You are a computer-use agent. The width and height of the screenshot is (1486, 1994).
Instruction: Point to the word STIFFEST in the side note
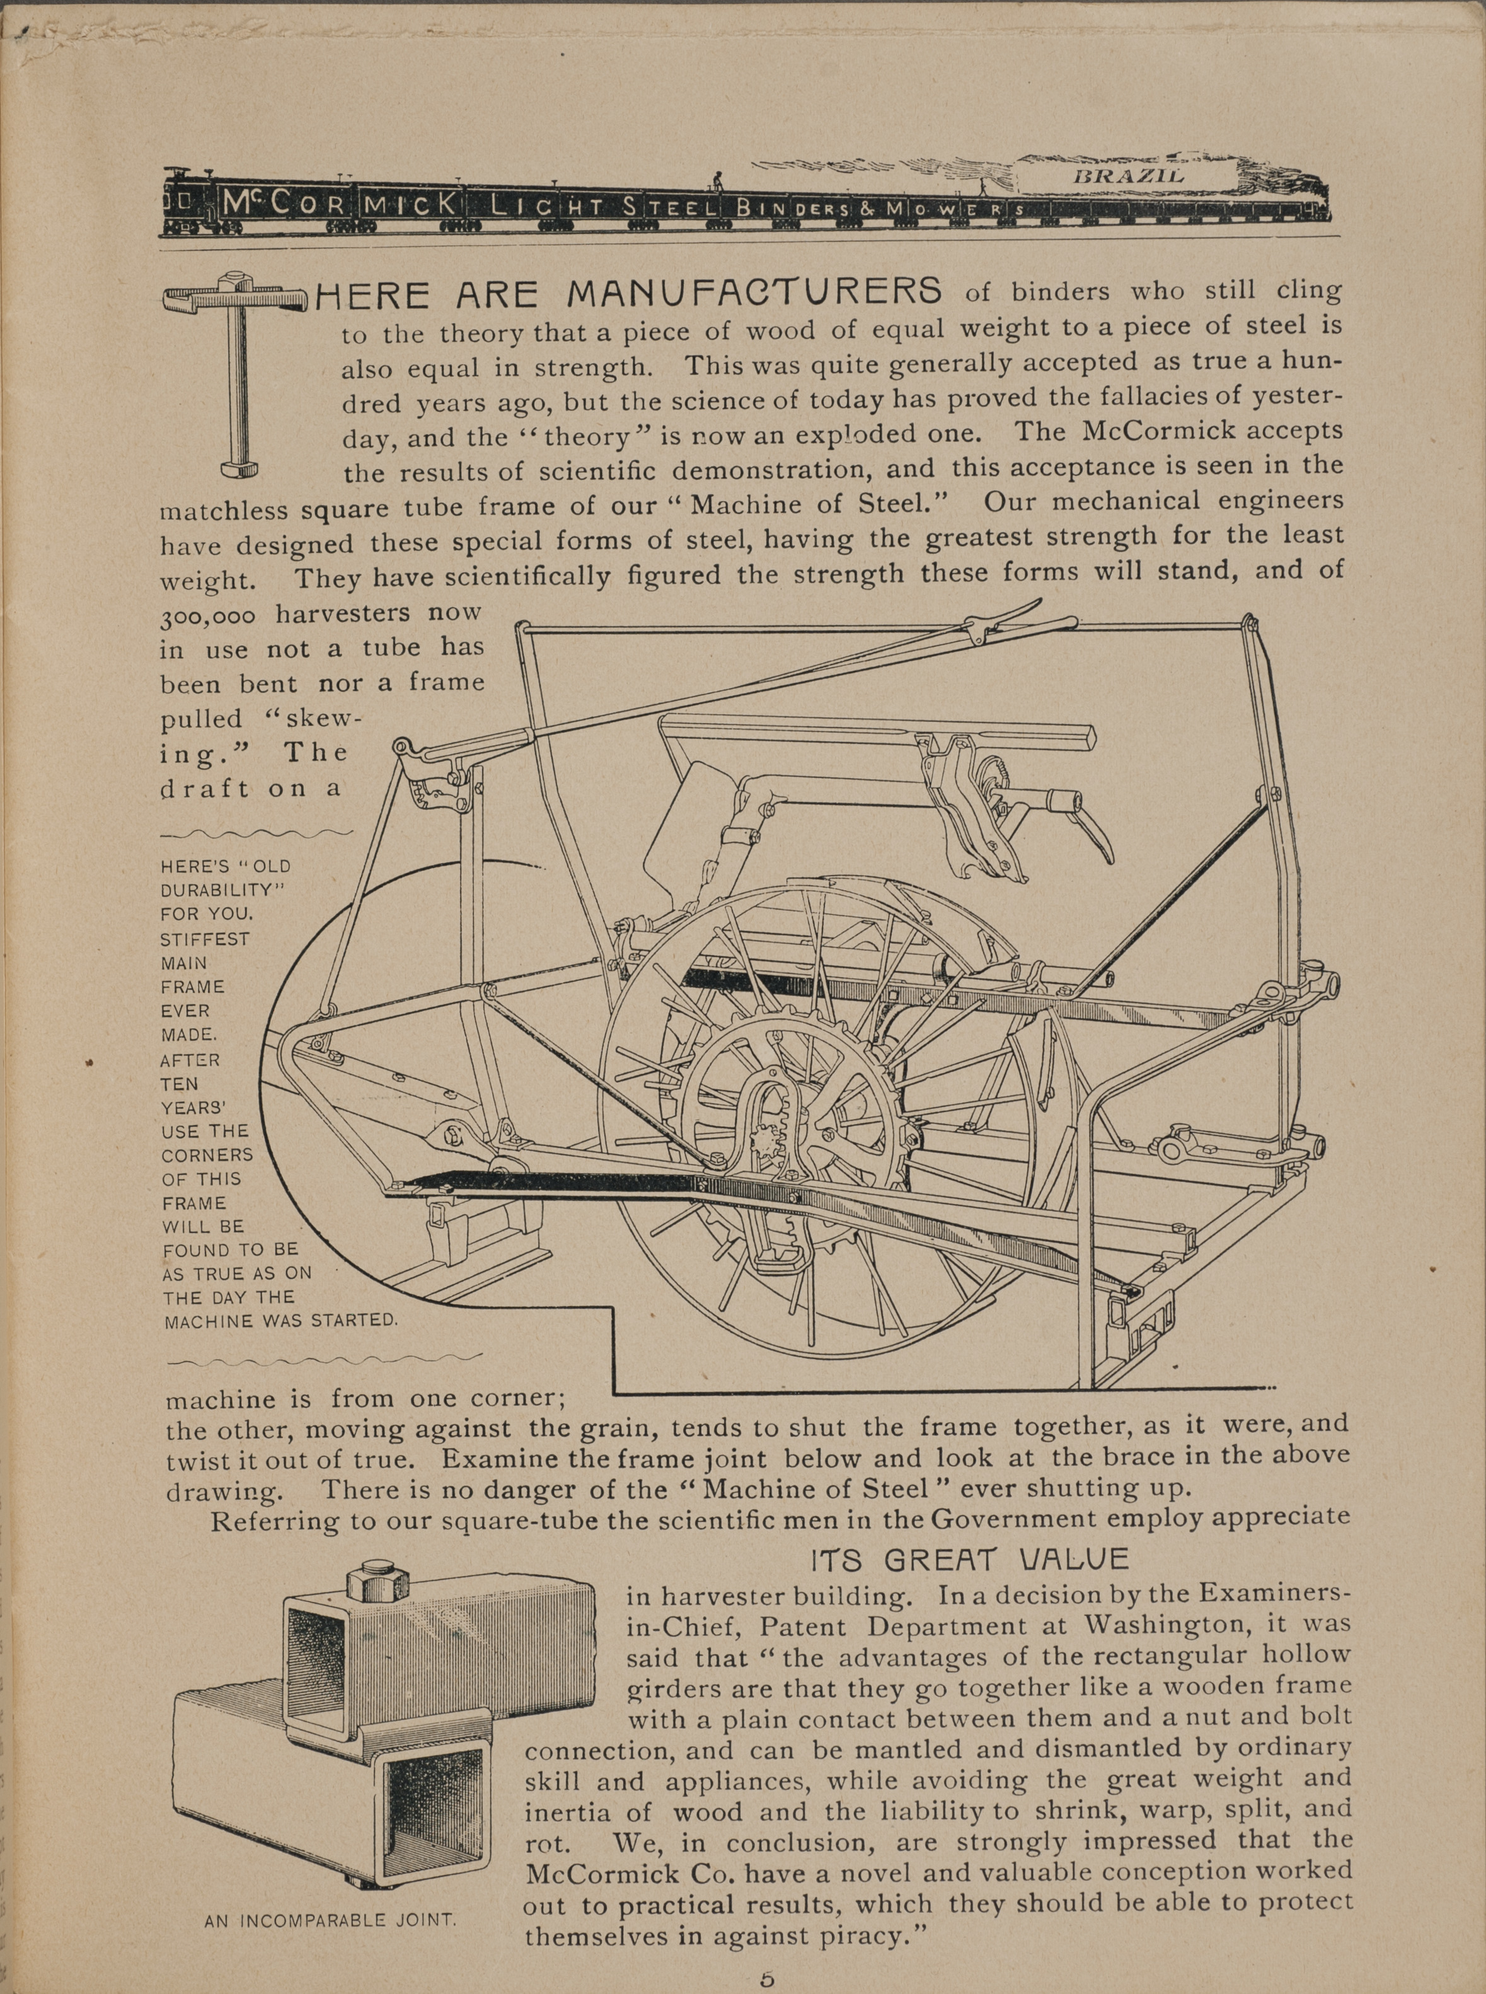pos(204,939)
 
